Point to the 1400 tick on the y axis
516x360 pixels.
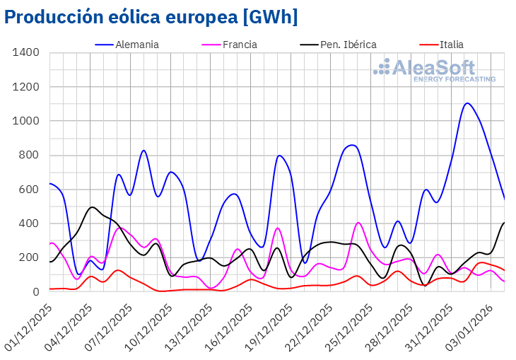tap(27, 53)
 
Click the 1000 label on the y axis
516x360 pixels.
tap(27, 121)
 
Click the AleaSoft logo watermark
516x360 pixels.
tap(434, 71)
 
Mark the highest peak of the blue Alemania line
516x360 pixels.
tap(467, 103)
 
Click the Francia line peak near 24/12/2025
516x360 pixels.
tap(358, 223)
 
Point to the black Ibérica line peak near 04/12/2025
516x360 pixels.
tap(92, 207)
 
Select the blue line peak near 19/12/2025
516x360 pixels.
tap(280, 156)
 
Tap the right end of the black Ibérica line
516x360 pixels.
tap(504, 223)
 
